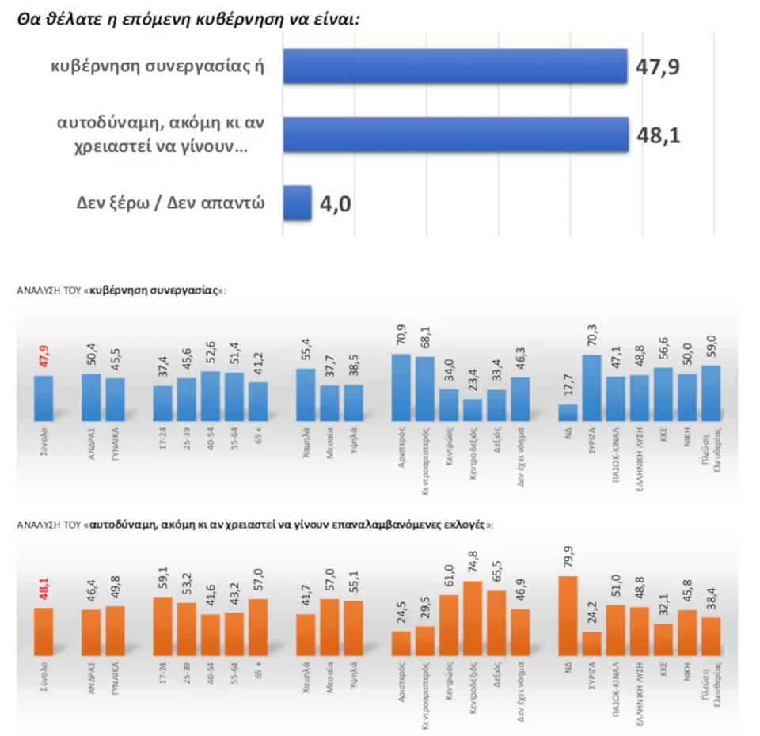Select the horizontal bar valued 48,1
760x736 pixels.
[x=455, y=135]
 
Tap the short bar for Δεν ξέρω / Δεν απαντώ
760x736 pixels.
[x=297, y=203]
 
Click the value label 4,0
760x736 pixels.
[x=336, y=205]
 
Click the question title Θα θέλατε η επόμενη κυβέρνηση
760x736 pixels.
[x=188, y=18]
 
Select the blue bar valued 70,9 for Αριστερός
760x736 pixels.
[x=401, y=387]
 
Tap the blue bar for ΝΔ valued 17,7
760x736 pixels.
[x=568, y=412]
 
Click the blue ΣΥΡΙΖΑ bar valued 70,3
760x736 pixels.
[x=591, y=388]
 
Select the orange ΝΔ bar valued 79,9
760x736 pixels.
[x=568, y=616]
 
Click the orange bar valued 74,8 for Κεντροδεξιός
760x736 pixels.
[x=473, y=618]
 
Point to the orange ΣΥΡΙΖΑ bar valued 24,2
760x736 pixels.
[x=591, y=643]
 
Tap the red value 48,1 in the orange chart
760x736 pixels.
[x=44, y=590]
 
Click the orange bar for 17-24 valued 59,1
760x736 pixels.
[x=162, y=626]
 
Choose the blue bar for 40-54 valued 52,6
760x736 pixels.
[x=210, y=396]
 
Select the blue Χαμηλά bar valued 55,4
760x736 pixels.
[x=306, y=394]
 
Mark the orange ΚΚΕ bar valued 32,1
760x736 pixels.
[x=663, y=639]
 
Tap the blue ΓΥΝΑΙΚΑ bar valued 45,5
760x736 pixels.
[x=116, y=399]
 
